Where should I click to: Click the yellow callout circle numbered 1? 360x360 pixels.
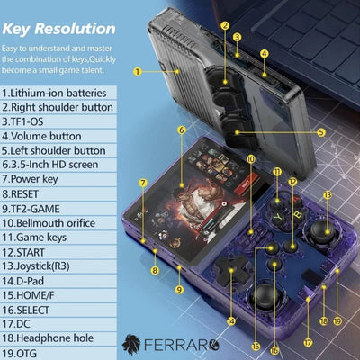tap(138, 72)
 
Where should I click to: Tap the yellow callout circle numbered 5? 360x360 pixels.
tap(321, 132)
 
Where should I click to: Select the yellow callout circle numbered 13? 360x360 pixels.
tap(328, 195)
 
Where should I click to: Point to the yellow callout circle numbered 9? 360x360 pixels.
tap(179, 290)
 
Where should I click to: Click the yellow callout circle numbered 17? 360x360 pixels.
tap(308, 342)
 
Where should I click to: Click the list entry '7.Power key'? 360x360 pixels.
tap(30, 179)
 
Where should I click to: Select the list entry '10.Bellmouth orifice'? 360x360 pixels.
tap(49, 223)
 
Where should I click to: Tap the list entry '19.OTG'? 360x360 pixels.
tap(19, 353)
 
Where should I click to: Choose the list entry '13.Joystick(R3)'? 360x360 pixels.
tap(36, 266)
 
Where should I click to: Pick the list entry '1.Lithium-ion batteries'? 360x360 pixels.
tap(54, 93)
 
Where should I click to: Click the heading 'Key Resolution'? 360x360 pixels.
tap(58, 29)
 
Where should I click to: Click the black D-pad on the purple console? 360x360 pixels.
tap(230, 271)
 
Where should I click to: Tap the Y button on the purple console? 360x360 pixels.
tap(279, 217)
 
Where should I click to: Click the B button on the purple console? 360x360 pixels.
tap(298, 215)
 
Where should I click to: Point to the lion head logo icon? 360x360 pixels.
tap(131, 345)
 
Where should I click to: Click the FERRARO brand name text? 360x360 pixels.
tap(182, 345)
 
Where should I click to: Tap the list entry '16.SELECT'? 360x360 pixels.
tap(25, 310)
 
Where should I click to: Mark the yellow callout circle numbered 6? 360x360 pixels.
tap(182, 130)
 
